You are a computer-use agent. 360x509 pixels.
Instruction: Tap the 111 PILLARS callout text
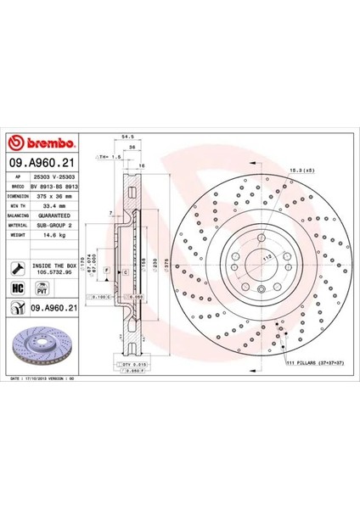pos(314,362)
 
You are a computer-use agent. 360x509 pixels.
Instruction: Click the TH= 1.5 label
pos(104,158)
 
